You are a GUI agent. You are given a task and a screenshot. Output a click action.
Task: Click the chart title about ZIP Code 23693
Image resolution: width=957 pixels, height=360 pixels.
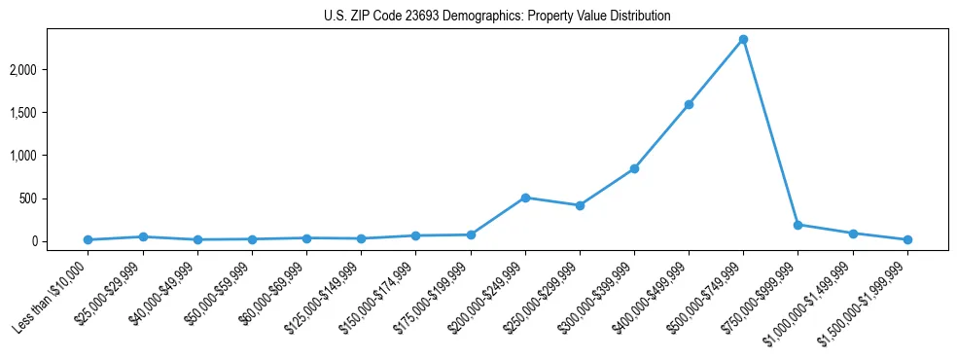pos(497,17)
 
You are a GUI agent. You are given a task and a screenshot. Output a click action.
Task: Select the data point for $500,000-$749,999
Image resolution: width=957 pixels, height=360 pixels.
pos(743,40)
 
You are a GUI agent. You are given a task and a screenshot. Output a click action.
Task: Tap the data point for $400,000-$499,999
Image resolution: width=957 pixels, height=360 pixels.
pos(689,104)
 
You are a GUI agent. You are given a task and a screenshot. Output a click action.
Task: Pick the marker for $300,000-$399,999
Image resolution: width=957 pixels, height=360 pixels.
pos(634,169)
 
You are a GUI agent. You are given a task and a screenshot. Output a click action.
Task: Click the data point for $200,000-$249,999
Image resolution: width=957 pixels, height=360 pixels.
pos(525,198)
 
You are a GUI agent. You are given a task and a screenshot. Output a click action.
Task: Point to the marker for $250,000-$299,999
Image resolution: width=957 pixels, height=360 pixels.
pos(580,205)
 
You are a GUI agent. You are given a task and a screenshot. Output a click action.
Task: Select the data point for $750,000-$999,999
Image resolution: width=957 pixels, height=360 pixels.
pos(797,225)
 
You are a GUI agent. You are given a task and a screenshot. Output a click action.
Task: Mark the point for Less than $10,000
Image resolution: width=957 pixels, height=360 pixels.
pos(89,239)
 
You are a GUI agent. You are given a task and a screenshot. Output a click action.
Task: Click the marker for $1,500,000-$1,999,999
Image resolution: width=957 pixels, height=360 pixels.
pos(907,239)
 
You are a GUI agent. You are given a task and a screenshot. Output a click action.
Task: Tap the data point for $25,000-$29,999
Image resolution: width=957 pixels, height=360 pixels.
pos(143,236)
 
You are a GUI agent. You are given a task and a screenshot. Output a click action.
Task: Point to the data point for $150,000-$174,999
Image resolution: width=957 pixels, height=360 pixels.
pos(416,235)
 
